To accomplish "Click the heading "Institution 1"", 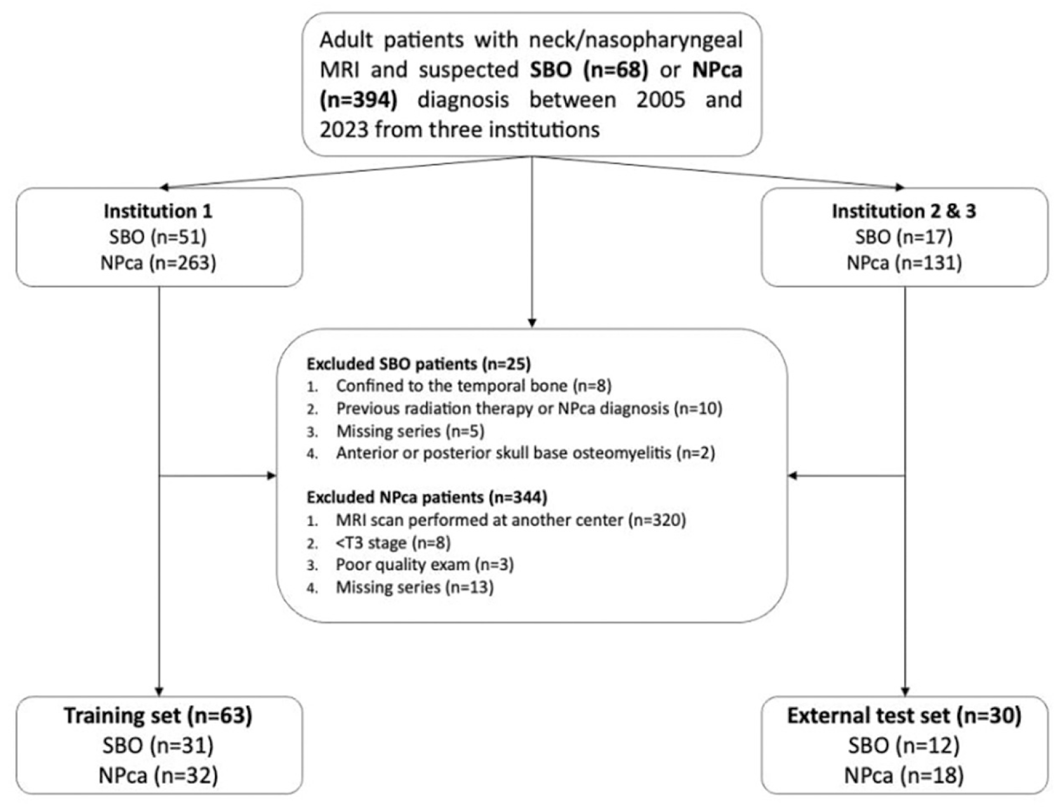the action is [x=158, y=211].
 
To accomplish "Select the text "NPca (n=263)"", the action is [x=158, y=263].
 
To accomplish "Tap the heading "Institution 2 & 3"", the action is [x=904, y=211].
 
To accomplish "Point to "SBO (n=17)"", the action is [x=904, y=237].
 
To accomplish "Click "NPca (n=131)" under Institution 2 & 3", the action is [x=904, y=263].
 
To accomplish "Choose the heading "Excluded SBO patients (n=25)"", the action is [x=419, y=364].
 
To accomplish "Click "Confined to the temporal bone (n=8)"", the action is [x=474, y=385].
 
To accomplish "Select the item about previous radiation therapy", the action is [x=529, y=408].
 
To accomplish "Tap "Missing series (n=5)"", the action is [x=410, y=431].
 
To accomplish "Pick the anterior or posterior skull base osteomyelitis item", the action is [x=526, y=453].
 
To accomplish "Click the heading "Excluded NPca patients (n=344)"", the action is [x=427, y=497].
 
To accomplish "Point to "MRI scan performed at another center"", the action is [x=480, y=520].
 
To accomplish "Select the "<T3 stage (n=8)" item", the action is [x=394, y=543].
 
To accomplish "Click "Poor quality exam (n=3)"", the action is [x=425, y=565].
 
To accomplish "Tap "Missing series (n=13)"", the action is [x=415, y=587].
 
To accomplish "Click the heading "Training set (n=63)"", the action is [x=158, y=716].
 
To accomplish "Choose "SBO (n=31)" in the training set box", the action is [x=158, y=745].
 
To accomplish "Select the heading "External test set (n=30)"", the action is [x=905, y=716].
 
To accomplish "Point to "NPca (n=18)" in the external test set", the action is [x=905, y=775].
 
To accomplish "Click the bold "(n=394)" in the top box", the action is [x=359, y=100].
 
